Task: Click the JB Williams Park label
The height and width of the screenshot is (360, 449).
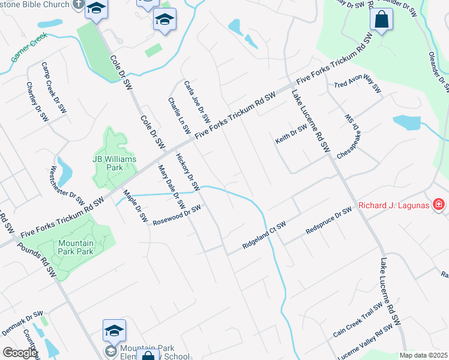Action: pyautogui.click(x=115, y=163)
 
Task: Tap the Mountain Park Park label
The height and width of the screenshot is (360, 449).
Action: pyautogui.click(x=76, y=247)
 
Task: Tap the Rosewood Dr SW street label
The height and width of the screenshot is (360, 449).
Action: pyautogui.click(x=176, y=214)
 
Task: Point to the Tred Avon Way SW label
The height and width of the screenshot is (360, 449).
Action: pyautogui.click(x=358, y=87)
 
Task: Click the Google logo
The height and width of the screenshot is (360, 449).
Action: pyautogui.click(x=19, y=353)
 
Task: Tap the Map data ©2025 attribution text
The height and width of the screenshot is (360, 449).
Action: pyautogui.click(x=424, y=355)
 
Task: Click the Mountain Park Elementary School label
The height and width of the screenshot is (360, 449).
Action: pyautogui.click(x=146, y=352)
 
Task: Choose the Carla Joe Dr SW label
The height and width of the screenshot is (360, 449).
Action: pyautogui.click(x=197, y=100)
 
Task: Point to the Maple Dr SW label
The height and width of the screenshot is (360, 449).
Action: pyautogui.click(x=135, y=206)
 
